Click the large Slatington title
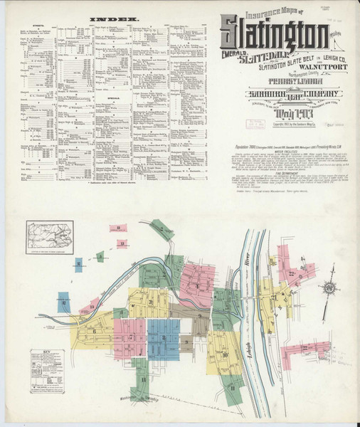coord(274,35)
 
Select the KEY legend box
coord(48,370)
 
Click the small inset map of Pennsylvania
coord(50,232)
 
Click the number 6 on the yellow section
coord(93,330)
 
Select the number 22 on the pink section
coord(292,273)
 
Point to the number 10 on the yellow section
coord(224,354)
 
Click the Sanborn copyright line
coord(277,126)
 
